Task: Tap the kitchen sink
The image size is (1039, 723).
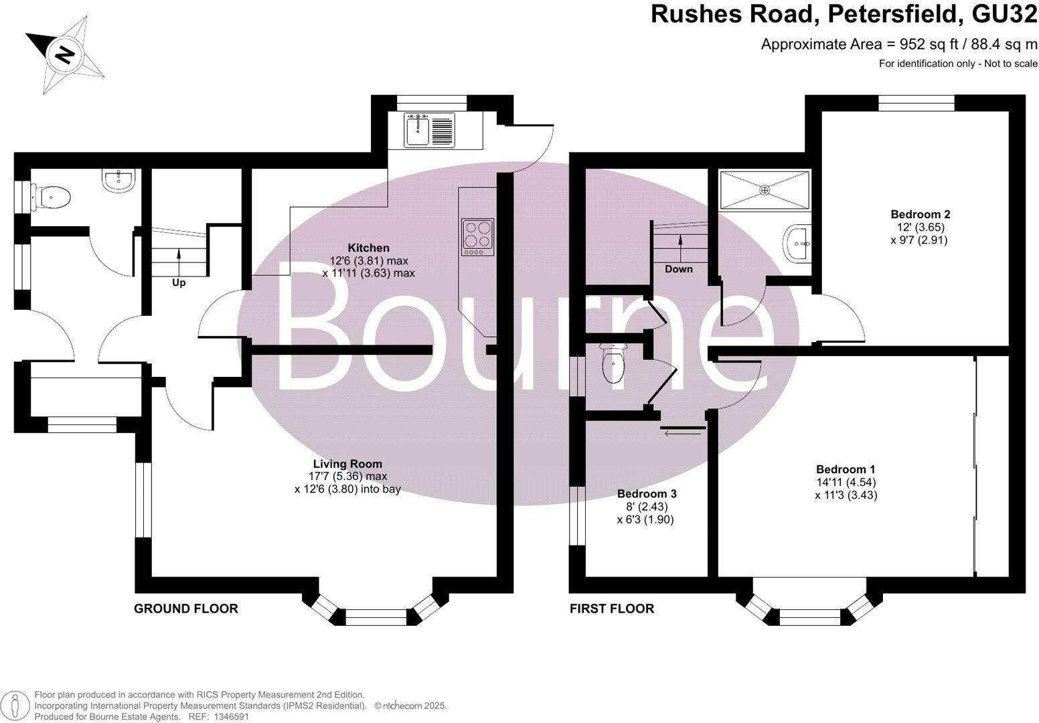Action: (x=418, y=130)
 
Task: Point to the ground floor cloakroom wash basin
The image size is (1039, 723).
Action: (x=120, y=179)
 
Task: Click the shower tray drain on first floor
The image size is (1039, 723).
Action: (x=765, y=190)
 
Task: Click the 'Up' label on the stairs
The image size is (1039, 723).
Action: (x=179, y=283)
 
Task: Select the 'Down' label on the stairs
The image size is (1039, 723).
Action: (x=679, y=269)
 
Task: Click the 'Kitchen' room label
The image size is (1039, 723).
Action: (x=368, y=248)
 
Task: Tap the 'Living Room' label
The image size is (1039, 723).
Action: (x=347, y=464)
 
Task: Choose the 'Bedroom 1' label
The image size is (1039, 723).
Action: (x=845, y=469)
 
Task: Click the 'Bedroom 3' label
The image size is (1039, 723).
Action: (x=646, y=494)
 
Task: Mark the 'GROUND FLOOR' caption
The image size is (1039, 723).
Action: (x=186, y=609)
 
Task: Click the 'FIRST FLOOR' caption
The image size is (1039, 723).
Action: (x=611, y=609)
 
